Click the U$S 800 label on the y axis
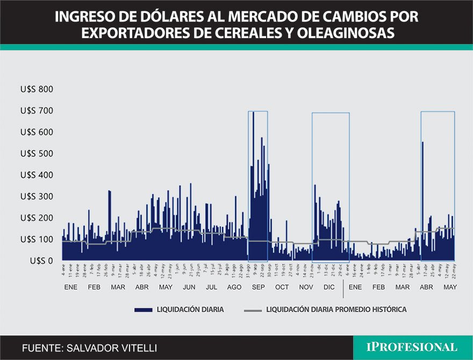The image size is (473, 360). [37, 89]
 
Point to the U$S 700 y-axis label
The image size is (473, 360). [37, 111]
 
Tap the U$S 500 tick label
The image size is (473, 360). [37, 154]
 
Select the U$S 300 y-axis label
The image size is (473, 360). [37, 197]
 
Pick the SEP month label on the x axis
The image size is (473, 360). [258, 287]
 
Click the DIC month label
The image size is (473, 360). [328, 287]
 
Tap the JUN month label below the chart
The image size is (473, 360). [189, 287]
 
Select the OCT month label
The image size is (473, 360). [282, 287]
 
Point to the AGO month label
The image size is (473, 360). [234, 287]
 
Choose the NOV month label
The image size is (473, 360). [305, 287]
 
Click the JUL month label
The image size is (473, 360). [211, 287]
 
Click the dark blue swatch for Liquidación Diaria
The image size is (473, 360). [143, 310]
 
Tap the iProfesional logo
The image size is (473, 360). [412, 347]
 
